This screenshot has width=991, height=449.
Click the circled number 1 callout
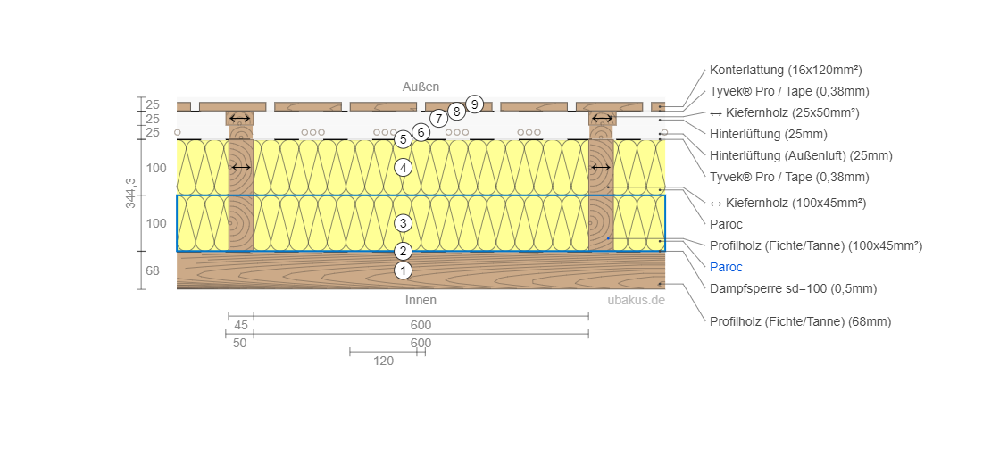[403, 270]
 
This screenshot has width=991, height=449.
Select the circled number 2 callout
[403, 251]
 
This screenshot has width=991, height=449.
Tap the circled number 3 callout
[403, 223]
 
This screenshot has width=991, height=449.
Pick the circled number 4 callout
[403, 167]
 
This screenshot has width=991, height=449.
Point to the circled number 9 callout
[474, 104]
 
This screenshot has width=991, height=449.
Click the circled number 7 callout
[437, 118]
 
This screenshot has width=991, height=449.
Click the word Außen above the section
[420, 87]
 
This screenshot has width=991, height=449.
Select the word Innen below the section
[421, 300]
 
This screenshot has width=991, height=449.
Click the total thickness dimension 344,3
[130, 193]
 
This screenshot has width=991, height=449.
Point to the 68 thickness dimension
[153, 270]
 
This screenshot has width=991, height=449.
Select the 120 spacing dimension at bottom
[384, 361]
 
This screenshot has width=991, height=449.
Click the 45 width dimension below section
[241, 325]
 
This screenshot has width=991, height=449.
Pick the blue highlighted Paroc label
[726, 267]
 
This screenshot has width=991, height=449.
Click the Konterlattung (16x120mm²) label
[786, 70]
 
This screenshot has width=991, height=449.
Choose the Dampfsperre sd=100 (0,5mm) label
[793, 288]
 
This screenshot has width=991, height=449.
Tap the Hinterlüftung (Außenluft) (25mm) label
[801, 155]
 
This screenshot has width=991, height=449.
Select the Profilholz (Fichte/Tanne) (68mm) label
[800, 321]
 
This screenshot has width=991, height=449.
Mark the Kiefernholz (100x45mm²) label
[787, 203]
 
